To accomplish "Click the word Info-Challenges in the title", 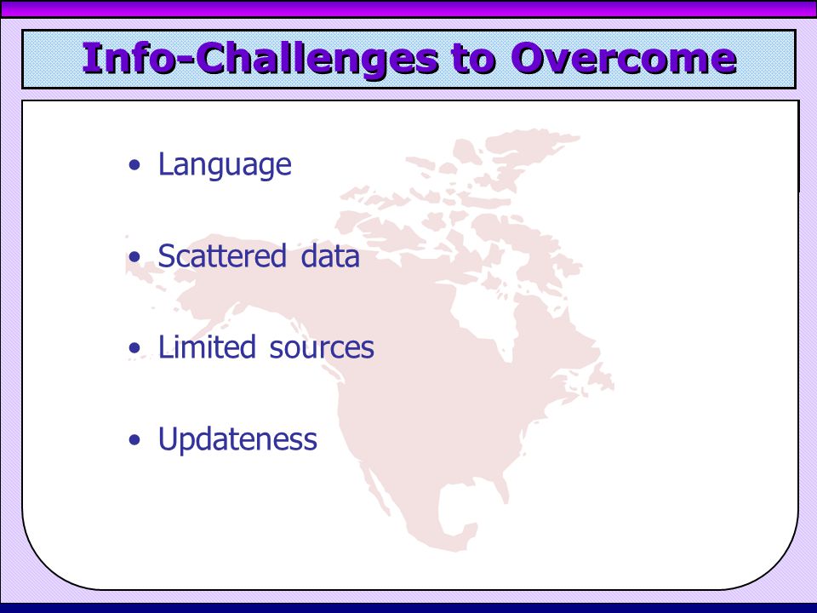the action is (260, 60).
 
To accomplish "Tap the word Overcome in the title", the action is (623, 59).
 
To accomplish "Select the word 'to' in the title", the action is (473, 60).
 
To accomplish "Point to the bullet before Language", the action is (135, 165).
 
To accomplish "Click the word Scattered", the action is (222, 256).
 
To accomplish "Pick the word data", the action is (330, 256).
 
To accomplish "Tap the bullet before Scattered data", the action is (135, 256).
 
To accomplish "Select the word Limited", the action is (207, 347).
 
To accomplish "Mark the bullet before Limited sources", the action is (135, 347).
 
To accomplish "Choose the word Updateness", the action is (237, 439).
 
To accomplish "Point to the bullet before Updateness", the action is (135, 439).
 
